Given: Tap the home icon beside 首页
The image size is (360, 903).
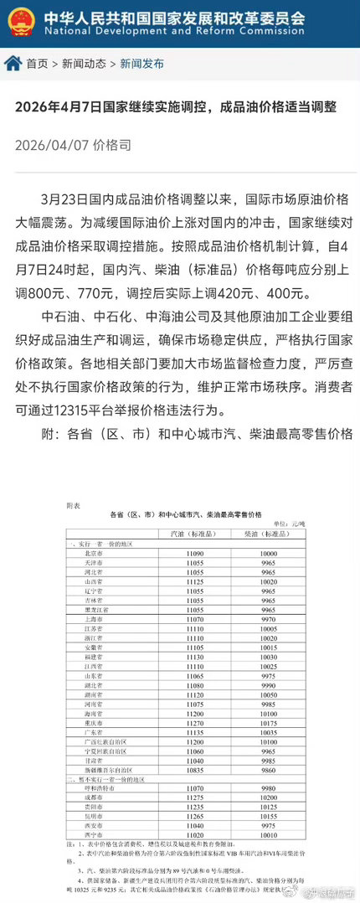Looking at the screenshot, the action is [x=13, y=63].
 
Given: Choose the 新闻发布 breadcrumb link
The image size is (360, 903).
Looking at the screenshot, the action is [x=141, y=64].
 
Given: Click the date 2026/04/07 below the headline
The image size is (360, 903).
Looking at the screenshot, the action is [x=50, y=145].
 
